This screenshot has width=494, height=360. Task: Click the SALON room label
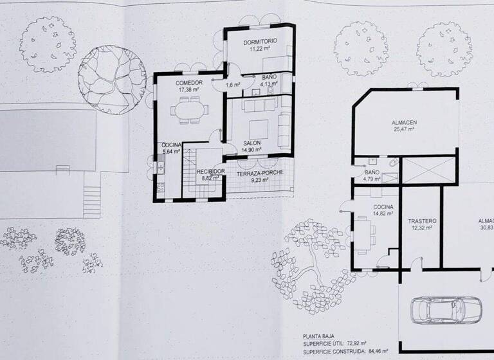tap(252, 143)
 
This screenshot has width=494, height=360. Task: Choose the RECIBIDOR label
tap(210, 171)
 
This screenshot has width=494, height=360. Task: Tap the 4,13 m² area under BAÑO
tap(268, 84)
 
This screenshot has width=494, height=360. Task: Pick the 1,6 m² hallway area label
tap(232, 84)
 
